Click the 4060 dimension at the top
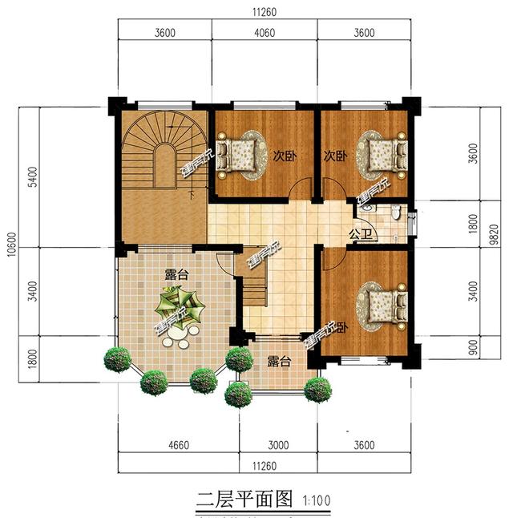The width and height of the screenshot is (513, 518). (265, 33)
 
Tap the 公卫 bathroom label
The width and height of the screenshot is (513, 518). (359, 235)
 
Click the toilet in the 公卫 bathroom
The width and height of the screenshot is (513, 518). (395, 212)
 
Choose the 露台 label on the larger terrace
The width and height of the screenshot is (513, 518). (176, 274)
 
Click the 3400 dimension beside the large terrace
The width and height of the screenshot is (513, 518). (31, 285)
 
